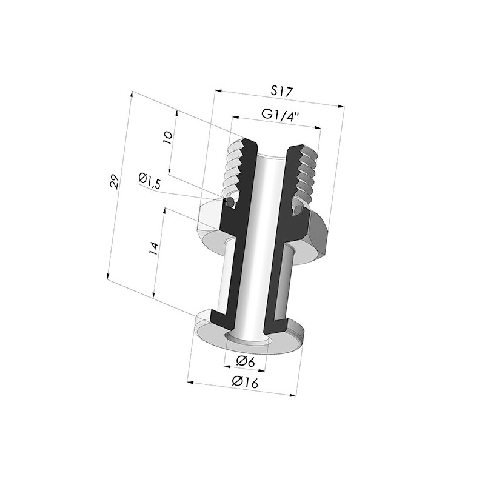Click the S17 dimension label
[x=282, y=92]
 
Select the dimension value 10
[x=168, y=138]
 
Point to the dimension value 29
[x=114, y=181]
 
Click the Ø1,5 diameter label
[x=149, y=180]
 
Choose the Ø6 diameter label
[x=246, y=361]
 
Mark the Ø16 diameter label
[x=245, y=382]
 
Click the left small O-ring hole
[x=230, y=202]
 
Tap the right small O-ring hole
[x=298, y=210]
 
